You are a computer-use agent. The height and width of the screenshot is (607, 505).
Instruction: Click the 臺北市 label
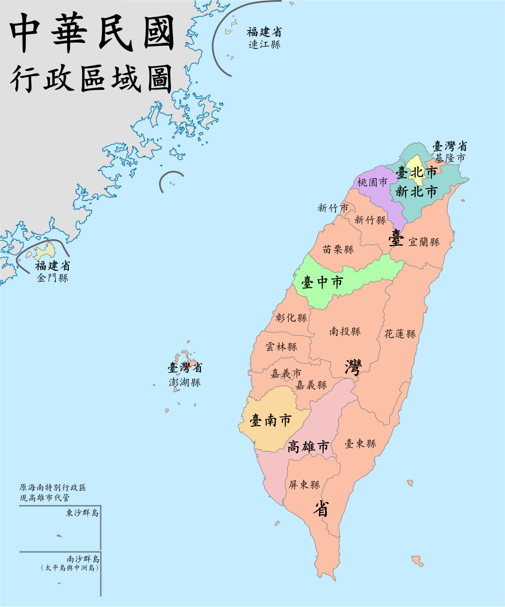[x=416, y=172]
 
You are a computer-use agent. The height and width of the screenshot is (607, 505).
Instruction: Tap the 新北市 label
[x=416, y=192]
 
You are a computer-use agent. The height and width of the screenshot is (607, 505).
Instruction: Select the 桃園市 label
[x=372, y=182]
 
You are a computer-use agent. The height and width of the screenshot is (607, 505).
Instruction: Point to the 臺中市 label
[x=322, y=283]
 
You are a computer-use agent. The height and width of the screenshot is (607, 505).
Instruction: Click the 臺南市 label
[x=270, y=420]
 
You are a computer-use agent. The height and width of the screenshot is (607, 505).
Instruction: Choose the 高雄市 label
[x=308, y=447]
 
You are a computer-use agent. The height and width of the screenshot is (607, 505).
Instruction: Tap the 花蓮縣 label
[x=400, y=334]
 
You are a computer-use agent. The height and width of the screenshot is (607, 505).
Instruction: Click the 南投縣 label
[x=345, y=331]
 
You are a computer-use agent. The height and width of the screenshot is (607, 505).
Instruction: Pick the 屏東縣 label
[x=304, y=485]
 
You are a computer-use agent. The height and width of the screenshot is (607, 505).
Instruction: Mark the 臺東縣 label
[x=360, y=444]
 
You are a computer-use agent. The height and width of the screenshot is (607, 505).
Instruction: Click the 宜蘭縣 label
[x=423, y=242]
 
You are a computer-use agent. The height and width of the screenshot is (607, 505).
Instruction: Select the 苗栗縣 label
[x=338, y=250]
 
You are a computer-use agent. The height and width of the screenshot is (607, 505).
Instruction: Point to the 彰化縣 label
[x=291, y=318]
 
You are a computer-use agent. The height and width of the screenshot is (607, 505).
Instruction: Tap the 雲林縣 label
[x=281, y=347]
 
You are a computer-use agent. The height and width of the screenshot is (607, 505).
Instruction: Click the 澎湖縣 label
[x=185, y=383]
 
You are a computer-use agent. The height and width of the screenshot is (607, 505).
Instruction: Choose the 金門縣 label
[x=53, y=278]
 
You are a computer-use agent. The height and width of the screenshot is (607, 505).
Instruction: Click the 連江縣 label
[x=265, y=45]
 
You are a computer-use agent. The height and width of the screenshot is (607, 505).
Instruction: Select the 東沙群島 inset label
[x=83, y=513]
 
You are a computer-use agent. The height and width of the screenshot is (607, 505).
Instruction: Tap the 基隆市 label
[x=449, y=157]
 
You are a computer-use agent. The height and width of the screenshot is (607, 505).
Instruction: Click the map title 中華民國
[x=93, y=33]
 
